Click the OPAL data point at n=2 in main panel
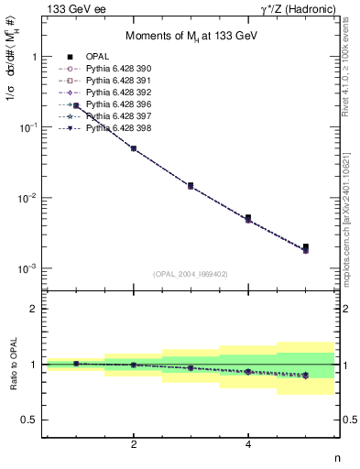tap(134, 147)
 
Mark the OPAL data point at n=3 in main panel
tap(191, 185)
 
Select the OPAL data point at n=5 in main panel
tap(306, 246)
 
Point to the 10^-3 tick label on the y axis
tap(31, 268)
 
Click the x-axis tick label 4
tap(248, 444)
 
